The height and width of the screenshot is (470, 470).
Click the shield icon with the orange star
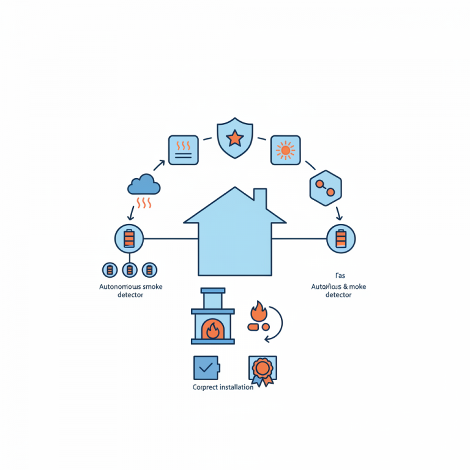235,140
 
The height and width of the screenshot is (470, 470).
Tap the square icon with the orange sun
285,150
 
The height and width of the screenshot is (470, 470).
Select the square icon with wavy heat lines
183,150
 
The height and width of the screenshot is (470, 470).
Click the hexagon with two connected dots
326,188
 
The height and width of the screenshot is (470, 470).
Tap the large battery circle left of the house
129,239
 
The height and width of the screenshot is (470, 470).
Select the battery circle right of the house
341,239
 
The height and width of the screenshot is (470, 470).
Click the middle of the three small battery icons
129,269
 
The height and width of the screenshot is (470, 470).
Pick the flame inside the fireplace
212,330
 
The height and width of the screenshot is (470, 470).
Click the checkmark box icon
205,367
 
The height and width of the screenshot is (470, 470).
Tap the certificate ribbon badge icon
262,369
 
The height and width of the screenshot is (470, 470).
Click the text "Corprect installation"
223,387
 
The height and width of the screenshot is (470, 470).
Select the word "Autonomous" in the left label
119,286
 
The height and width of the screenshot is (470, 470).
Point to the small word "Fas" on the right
340,276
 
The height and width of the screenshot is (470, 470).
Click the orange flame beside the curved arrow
258,312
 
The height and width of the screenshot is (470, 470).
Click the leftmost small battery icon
110,269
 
